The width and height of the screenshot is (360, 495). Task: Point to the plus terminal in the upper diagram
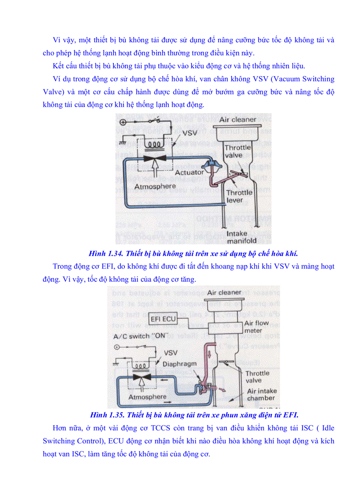coord(123,123)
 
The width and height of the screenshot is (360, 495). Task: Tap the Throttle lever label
coord(239,196)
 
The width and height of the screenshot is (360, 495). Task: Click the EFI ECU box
coord(163,319)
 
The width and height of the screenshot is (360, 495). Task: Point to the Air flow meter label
coord(256,327)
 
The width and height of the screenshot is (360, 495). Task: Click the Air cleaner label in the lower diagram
coord(224,292)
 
